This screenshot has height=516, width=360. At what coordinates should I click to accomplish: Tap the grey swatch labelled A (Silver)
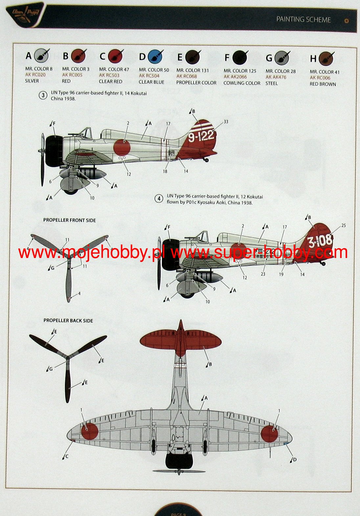[x=40, y=56]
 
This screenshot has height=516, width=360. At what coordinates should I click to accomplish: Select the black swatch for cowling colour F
[x=239, y=58]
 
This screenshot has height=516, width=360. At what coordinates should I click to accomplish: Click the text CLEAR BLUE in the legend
[x=151, y=82]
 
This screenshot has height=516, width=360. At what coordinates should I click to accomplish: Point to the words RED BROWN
[x=323, y=84]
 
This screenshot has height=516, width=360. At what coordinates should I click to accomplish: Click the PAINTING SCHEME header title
[x=303, y=19]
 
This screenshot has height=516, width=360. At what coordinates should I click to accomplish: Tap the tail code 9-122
[x=201, y=135]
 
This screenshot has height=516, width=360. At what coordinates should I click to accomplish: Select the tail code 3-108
[x=320, y=241]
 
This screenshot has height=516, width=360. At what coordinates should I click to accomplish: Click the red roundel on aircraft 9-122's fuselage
[x=122, y=147]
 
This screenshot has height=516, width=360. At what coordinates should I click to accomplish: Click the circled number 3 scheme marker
[x=43, y=96]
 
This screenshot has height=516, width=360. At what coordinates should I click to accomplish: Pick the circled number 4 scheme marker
[x=159, y=199]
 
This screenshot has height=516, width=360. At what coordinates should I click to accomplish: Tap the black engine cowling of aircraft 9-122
[x=53, y=152]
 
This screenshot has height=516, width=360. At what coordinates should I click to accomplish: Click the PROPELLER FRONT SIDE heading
[x=70, y=220]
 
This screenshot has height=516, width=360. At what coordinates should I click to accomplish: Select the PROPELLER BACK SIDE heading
[x=68, y=320]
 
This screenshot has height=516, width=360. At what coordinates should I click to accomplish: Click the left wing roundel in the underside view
[x=89, y=431]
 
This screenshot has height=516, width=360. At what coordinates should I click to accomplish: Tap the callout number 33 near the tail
[x=226, y=122]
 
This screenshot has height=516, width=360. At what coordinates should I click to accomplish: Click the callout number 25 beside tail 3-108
[x=343, y=225]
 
